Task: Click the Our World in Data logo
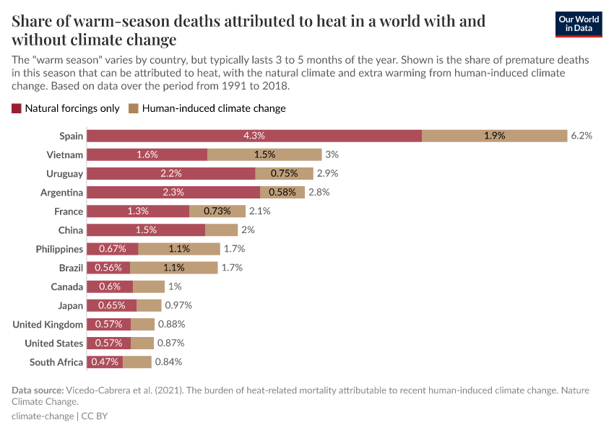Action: (x=578, y=24)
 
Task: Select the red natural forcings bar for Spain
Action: (x=254, y=136)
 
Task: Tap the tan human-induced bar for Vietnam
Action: (x=264, y=154)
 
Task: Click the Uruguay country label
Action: (x=65, y=174)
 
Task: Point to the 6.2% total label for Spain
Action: (x=581, y=136)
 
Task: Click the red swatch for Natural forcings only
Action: (x=17, y=108)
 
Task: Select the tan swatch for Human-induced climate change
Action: (x=134, y=108)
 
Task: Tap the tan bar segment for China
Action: (x=221, y=230)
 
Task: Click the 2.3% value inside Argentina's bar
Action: (x=173, y=193)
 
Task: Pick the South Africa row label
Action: (x=56, y=362)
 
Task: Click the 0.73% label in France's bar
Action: (x=217, y=211)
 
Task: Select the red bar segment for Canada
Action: (x=110, y=287)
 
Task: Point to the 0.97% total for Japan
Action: (x=178, y=305)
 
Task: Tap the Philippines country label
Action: (x=59, y=249)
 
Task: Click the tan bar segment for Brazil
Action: (x=173, y=268)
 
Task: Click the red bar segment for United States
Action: (x=109, y=344)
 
